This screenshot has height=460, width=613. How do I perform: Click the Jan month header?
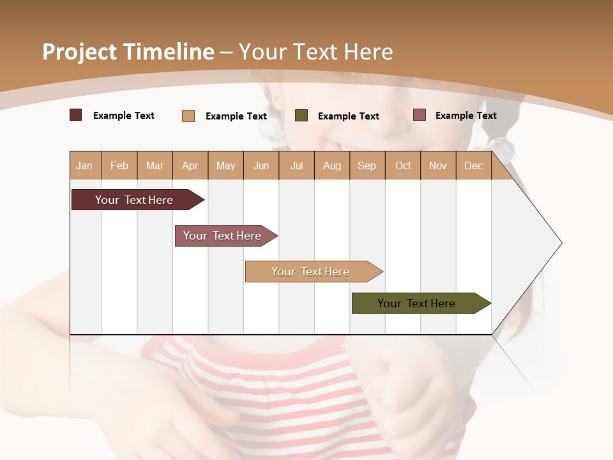tap(84, 165)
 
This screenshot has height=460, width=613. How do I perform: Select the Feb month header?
tap(119, 165)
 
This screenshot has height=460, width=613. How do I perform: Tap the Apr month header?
tap(190, 165)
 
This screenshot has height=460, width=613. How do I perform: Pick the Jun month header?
tap(261, 165)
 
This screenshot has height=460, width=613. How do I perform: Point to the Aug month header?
tap(331, 165)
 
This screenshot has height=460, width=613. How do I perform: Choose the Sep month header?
tap(367, 165)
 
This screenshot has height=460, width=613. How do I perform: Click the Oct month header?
tap(403, 165)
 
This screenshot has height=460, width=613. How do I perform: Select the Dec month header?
tap(473, 165)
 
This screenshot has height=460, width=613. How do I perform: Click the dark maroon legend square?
tap(76, 115)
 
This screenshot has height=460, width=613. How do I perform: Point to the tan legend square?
tap(188, 116)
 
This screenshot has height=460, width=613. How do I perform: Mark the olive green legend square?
tap(301, 116)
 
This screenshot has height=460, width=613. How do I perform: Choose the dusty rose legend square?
tap(420, 115)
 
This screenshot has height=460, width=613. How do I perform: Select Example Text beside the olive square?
tap(348, 116)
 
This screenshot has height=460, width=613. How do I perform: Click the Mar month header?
tap(155, 165)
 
